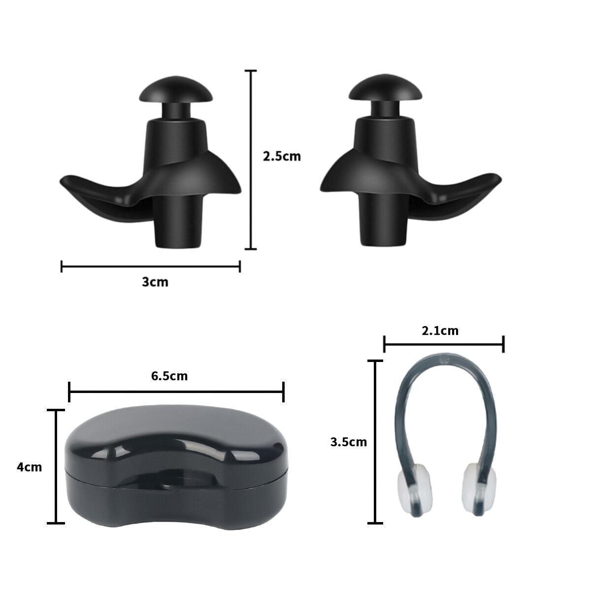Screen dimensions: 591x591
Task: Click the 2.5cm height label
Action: (x=281, y=157)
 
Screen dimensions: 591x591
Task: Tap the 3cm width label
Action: (x=155, y=282)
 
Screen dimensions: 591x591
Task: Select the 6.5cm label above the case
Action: (x=169, y=376)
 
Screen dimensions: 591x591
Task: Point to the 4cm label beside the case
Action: (x=30, y=467)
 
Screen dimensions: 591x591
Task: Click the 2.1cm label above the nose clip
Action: (x=440, y=330)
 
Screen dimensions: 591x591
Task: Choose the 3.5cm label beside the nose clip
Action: (x=349, y=442)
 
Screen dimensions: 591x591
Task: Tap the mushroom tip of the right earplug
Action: (x=383, y=90)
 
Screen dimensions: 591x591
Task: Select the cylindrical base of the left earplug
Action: (x=178, y=224)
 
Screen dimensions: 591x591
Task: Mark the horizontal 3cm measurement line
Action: (x=150, y=266)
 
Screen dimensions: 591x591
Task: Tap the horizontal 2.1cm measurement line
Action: (x=443, y=344)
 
